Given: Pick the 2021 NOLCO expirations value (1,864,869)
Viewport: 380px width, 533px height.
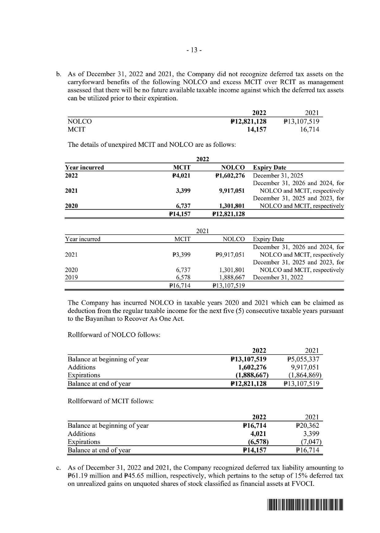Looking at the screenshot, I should tap(305, 375).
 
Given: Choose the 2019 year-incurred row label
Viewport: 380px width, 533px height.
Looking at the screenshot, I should tap(71, 278).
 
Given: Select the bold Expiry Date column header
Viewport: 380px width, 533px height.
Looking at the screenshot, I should tap(269, 168).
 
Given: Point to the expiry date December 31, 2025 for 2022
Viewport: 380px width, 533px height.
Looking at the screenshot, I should tap(278, 176).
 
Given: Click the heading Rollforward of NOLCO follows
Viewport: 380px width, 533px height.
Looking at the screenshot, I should tap(114, 335).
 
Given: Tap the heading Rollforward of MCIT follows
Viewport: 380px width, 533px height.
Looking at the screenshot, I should tap(110, 401).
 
